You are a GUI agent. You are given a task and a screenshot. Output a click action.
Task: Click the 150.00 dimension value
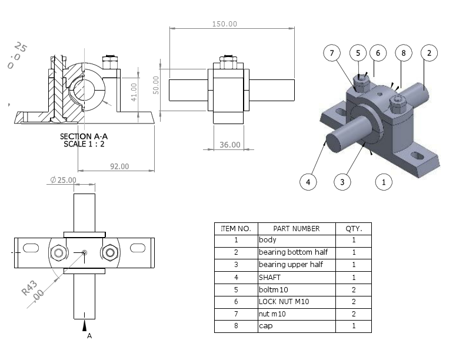224,24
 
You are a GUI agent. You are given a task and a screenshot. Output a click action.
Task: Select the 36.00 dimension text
229,145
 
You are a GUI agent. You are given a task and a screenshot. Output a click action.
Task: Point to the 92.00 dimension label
119,166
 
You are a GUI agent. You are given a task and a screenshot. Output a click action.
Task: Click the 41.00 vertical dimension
134,91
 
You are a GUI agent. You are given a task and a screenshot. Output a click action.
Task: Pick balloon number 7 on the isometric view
332,53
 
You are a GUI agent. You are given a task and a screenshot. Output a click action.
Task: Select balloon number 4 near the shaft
308,182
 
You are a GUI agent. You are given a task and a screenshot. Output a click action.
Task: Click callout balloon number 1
384,182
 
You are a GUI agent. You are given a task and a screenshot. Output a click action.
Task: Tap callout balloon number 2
429,53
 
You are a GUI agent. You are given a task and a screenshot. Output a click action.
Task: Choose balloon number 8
403,53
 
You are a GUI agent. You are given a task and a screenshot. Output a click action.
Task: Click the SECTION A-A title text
84,136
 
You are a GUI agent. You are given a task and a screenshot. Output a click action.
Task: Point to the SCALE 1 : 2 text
84,144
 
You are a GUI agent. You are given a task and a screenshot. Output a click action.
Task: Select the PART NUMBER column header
297,228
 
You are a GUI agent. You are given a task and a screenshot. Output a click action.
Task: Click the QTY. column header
354,228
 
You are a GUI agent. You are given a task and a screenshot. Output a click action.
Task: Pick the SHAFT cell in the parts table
270,277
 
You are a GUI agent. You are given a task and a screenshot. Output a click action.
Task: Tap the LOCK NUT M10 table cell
284,302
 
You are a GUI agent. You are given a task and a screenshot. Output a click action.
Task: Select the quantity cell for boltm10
354,289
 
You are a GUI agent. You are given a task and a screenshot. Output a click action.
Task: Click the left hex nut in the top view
59,253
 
